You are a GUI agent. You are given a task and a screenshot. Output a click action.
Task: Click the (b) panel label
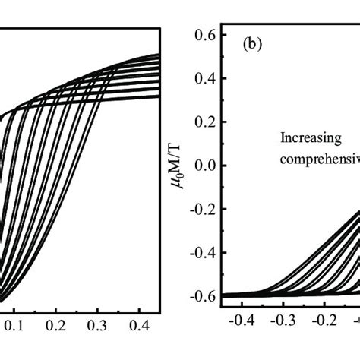click(x=254, y=45)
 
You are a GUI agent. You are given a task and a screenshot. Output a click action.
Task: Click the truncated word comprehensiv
click(x=318, y=159)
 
